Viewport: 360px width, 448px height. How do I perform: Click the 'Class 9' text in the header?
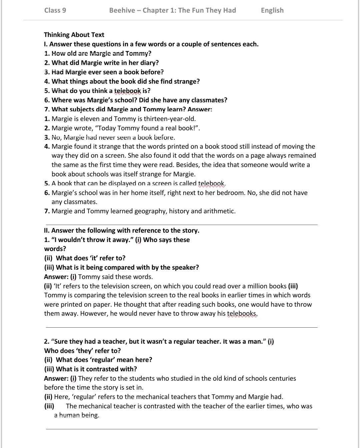[55, 10]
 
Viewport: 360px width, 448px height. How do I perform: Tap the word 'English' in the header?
[272, 10]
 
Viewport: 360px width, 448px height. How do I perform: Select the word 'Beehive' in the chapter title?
[122, 10]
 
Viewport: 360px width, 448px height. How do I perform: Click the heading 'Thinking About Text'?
[74, 35]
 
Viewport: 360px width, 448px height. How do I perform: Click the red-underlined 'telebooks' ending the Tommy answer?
[242, 314]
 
